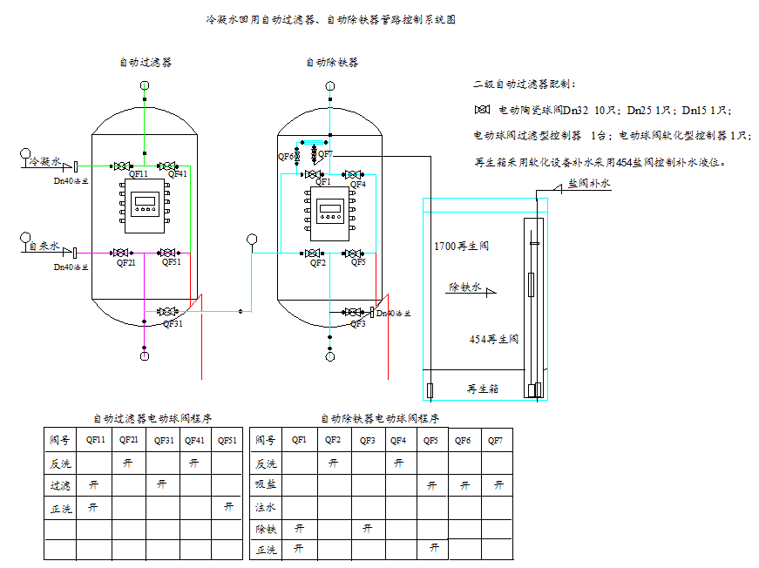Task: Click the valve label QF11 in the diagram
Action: (x=138, y=174)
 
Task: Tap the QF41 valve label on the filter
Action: (x=177, y=174)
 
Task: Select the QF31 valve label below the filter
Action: (x=173, y=323)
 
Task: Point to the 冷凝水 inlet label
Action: (x=44, y=162)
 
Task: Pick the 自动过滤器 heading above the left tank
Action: (x=146, y=63)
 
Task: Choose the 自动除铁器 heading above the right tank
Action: (x=331, y=63)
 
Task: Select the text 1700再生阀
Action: (x=461, y=247)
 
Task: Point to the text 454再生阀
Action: (x=493, y=339)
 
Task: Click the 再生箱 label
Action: (x=484, y=389)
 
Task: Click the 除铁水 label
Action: (x=464, y=287)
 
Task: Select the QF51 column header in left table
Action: (x=227, y=440)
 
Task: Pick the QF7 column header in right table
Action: (x=495, y=440)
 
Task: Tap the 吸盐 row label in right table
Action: (x=265, y=484)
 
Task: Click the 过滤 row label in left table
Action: (x=60, y=484)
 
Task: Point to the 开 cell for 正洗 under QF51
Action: (x=227, y=506)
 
